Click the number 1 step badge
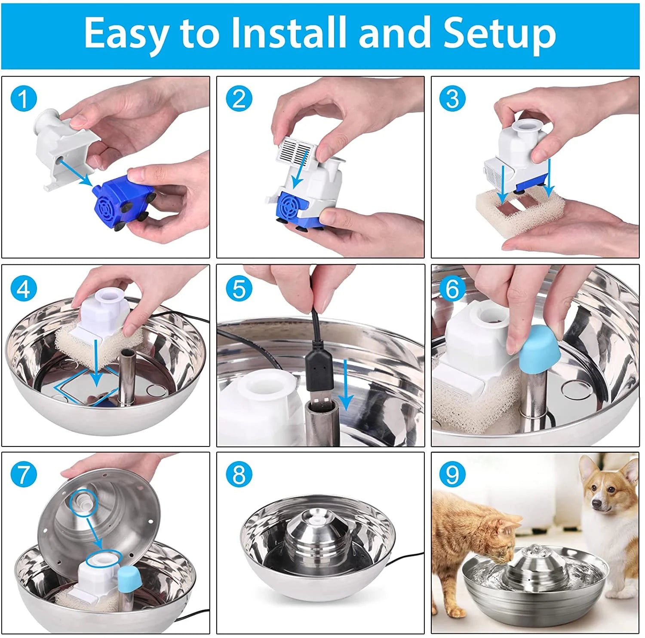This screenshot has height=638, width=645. pos(24,99)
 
